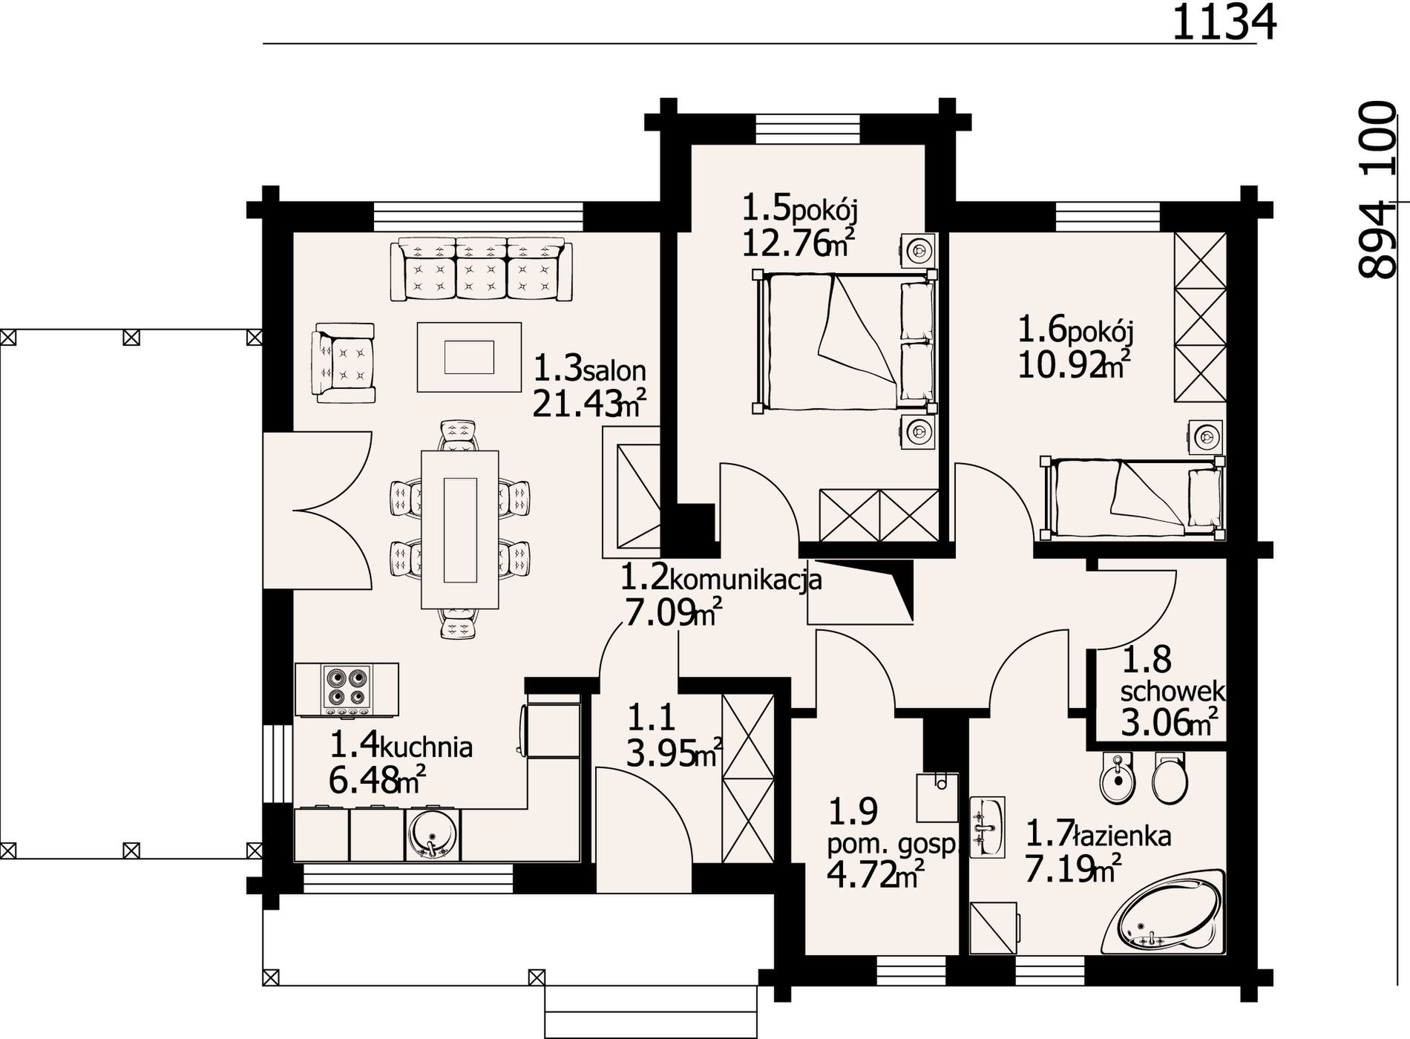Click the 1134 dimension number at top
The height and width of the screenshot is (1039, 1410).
coord(1224,22)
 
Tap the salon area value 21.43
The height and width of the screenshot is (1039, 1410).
coord(577,404)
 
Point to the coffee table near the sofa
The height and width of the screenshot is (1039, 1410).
coord(469,356)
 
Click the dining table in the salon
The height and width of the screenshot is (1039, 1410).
coord(459,529)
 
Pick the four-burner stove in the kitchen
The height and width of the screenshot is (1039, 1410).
coord(347,689)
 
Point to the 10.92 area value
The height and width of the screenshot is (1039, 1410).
coord(1061,366)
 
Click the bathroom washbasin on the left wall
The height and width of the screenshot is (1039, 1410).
coord(987,827)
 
